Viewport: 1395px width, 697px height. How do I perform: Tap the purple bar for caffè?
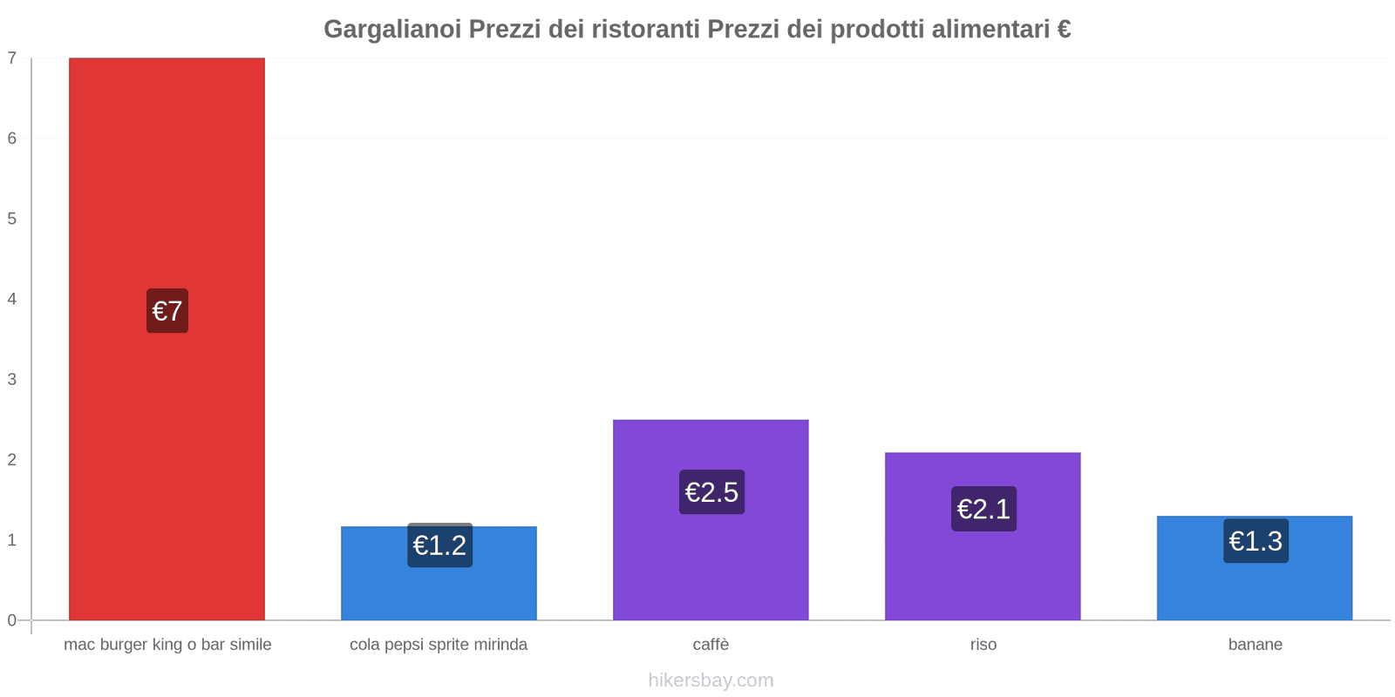click(x=711, y=566)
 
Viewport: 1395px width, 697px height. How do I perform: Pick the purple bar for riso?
click(x=983, y=575)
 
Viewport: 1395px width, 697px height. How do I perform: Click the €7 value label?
click(x=167, y=311)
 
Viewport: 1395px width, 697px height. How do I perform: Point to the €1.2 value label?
click(x=439, y=545)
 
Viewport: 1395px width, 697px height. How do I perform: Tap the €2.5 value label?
click(x=711, y=492)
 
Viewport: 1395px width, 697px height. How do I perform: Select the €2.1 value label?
click(x=983, y=509)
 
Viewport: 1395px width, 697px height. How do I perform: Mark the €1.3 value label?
click(x=1255, y=541)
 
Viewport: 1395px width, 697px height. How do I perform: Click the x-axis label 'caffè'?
click(x=711, y=645)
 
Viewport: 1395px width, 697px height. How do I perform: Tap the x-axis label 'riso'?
click(x=983, y=645)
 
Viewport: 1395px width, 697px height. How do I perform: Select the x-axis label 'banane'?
click(x=1255, y=645)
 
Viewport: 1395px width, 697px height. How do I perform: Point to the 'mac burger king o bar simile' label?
click(x=167, y=645)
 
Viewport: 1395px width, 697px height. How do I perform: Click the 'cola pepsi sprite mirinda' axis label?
click(x=439, y=645)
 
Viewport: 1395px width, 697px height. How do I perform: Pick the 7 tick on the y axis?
click(x=12, y=58)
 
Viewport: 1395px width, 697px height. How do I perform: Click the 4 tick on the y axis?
click(x=12, y=299)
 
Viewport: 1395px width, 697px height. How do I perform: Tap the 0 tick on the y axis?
click(x=12, y=620)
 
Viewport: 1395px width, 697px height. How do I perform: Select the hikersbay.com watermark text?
click(x=711, y=680)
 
